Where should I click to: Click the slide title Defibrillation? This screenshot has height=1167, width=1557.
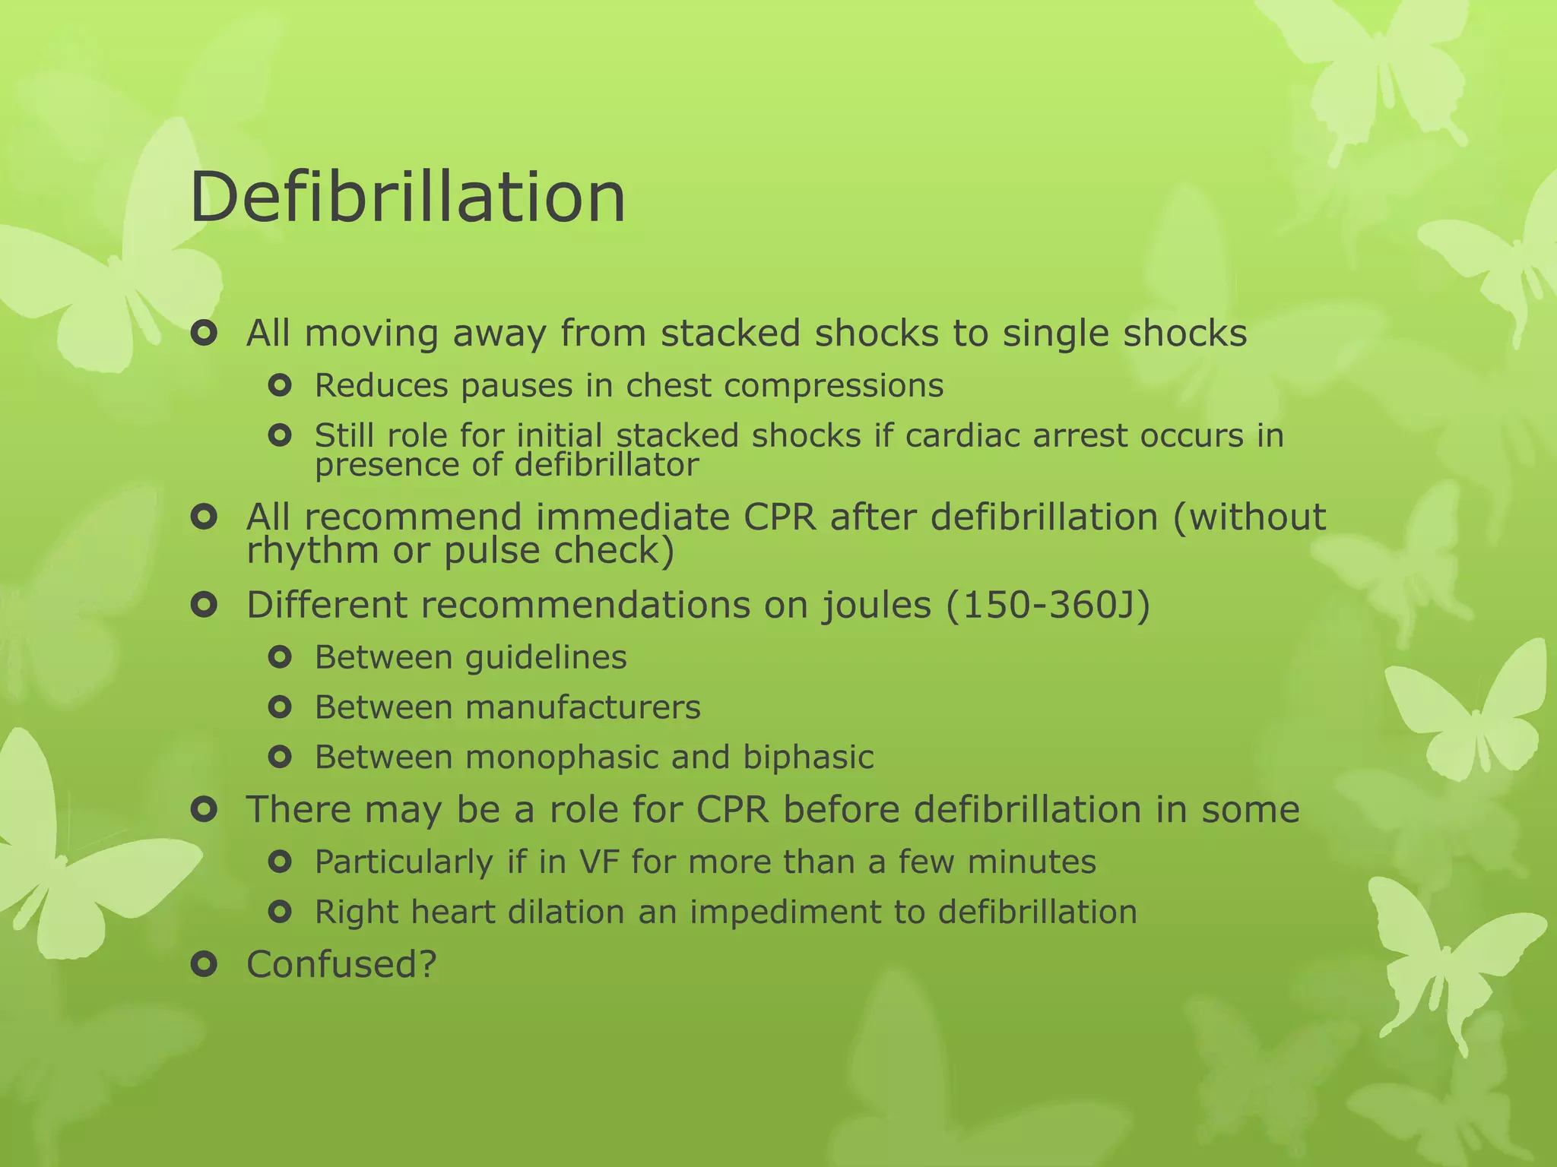tap(407, 197)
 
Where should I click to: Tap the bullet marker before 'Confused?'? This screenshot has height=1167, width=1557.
tap(205, 964)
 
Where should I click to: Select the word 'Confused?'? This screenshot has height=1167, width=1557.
tap(341, 964)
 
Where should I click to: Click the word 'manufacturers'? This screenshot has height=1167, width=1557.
tap(583, 707)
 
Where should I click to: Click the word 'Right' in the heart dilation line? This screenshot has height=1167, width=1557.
tap(357, 912)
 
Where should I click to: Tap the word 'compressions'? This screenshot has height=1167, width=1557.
tap(833, 386)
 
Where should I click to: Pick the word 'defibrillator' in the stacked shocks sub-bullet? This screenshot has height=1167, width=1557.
tap(606, 465)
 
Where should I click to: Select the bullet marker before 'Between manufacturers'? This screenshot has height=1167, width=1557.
tap(281, 707)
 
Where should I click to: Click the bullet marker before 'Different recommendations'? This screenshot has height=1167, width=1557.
tap(205, 606)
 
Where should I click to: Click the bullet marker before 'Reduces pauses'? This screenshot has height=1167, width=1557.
tap(281, 386)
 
